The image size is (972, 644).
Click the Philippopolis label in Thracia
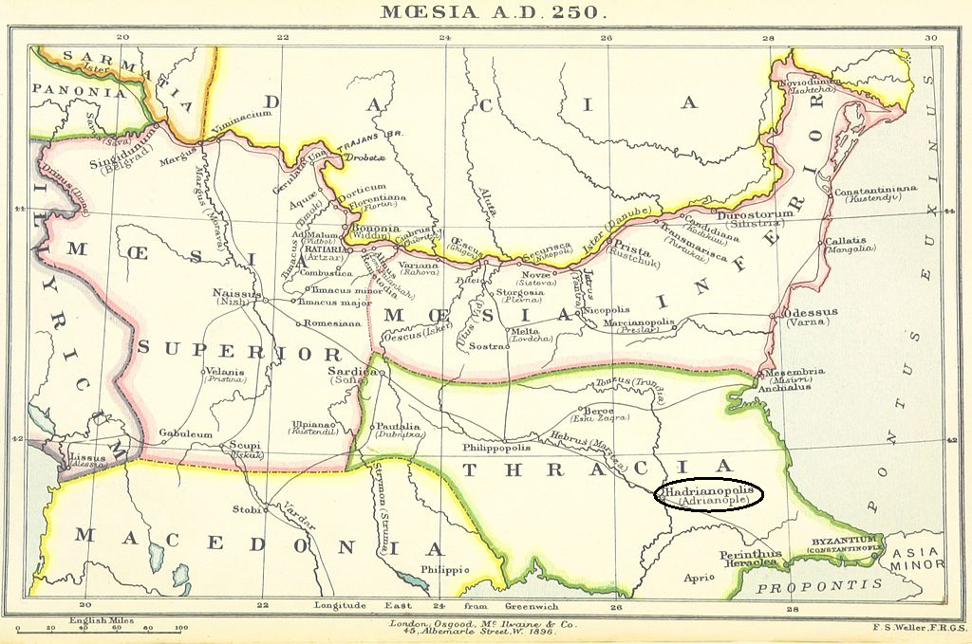(496, 447)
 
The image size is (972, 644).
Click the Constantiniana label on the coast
(875, 191)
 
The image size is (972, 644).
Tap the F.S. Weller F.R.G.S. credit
(920, 626)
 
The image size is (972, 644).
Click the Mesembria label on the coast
(794, 373)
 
